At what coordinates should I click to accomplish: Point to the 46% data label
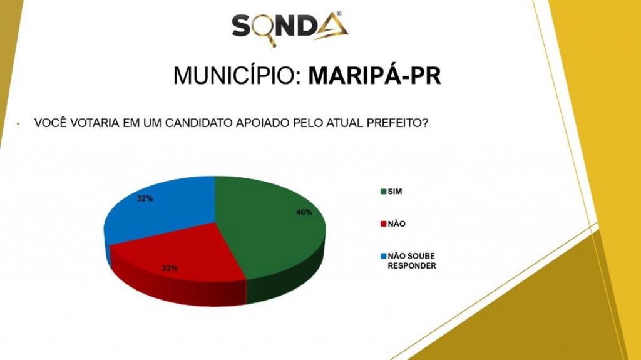pyautogui.click(x=304, y=212)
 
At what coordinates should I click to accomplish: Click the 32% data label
pyautogui.click(x=145, y=199)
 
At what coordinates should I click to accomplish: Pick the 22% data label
pyautogui.click(x=170, y=269)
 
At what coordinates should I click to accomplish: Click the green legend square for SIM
pyautogui.click(x=384, y=192)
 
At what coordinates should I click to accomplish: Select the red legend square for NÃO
pyautogui.click(x=384, y=224)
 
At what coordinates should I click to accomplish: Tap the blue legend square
pyautogui.click(x=384, y=256)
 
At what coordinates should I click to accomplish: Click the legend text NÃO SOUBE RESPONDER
pyautogui.click(x=412, y=261)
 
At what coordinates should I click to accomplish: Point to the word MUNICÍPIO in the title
pyautogui.click(x=237, y=75)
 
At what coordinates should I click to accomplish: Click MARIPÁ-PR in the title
pyautogui.click(x=375, y=75)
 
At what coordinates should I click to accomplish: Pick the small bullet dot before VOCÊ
pyautogui.click(x=18, y=123)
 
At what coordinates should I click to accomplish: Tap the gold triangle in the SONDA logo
pyautogui.click(x=331, y=26)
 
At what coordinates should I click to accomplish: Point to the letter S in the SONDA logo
pyautogui.click(x=241, y=26)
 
